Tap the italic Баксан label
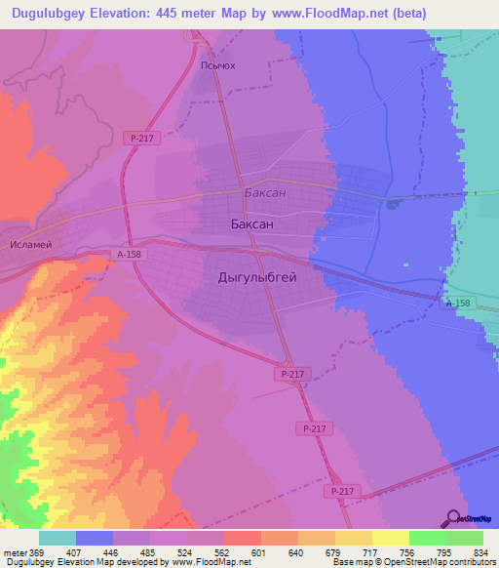point(265,192)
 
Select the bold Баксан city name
point(251,224)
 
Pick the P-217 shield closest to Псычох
point(137,139)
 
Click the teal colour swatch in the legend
point(58,538)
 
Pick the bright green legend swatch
point(427,538)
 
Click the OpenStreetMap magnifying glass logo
point(453,517)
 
